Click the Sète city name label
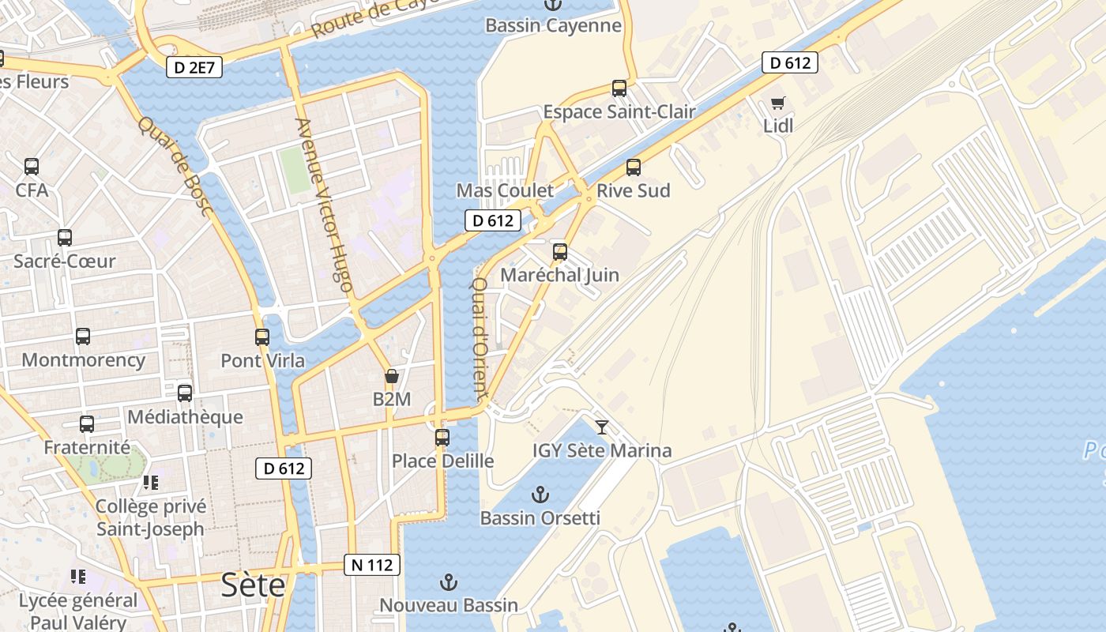(253, 585)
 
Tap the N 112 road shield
(371, 565)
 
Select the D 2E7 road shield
(194, 68)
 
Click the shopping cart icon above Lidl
(778, 103)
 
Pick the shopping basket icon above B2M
(391, 376)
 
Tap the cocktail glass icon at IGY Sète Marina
(602, 427)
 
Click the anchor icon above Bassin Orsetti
(540, 495)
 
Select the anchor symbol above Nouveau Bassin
(448, 583)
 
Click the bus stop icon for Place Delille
(442, 437)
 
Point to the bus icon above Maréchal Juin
(560, 252)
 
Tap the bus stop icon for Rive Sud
(633, 167)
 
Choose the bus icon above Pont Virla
(262, 337)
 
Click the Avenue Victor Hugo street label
(324, 205)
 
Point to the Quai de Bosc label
(175, 166)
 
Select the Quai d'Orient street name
(480, 336)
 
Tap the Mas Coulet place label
(505, 190)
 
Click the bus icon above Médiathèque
(185, 393)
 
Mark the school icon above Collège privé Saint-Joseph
(150, 483)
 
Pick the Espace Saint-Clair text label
(619, 112)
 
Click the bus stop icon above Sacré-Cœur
(65, 238)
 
